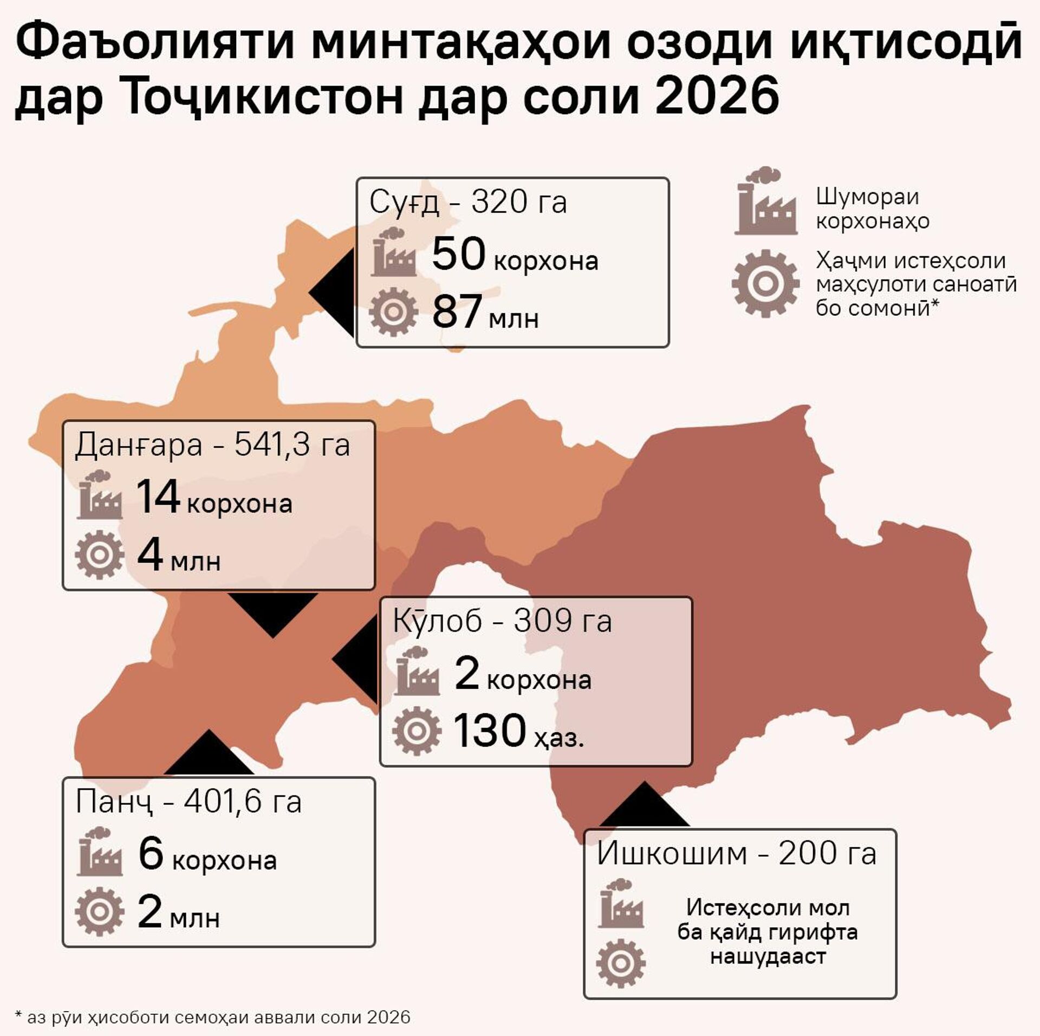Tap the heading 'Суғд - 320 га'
pos(468,203)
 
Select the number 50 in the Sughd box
pos(458,254)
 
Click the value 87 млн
pos(485,312)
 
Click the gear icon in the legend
pos(765,283)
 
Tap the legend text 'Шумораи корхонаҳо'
pos(872,208)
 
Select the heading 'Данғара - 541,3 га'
pos(212,445)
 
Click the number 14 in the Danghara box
pos(158,497)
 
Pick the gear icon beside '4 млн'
pos(99,555)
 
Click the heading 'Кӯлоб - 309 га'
pos(502,621)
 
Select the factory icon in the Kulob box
pos(417,672)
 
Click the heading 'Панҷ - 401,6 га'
pos(188,802)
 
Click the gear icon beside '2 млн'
pos(99,911)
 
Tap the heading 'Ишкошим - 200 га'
pos(736,854)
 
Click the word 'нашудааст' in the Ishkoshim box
pos(768,956)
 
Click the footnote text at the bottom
pos(213,1017)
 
